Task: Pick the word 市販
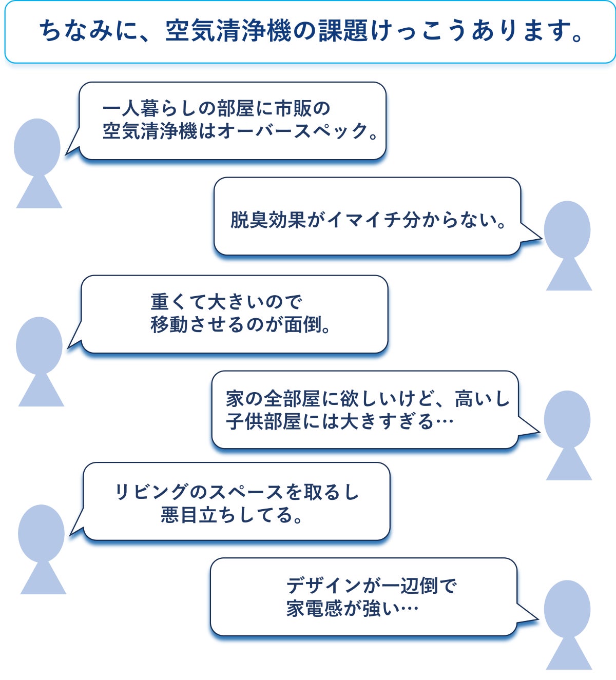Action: point(294,108)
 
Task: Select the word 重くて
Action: point(179,301)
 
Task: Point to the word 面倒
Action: point(303,324)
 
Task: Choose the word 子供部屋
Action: point(263,422)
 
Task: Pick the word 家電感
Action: point(315,609)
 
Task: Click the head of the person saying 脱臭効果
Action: point(567,229)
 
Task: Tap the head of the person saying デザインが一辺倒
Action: point(567,609)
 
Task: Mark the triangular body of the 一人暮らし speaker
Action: point(39,193)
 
